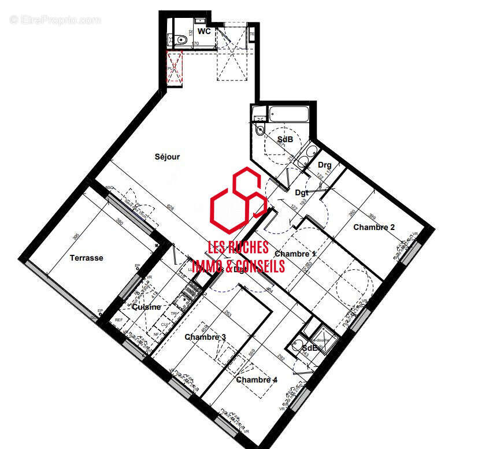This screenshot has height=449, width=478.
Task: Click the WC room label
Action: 203,31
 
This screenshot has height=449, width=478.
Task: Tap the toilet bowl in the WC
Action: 182,40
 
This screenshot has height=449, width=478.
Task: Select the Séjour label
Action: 167,157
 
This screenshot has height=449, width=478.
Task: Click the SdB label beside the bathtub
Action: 285,140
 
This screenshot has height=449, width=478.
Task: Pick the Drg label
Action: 325,165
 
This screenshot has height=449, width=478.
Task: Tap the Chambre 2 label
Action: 374,227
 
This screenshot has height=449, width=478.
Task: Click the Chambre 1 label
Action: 295,254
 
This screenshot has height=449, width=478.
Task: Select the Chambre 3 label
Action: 205,337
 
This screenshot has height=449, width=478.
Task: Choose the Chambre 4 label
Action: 257,380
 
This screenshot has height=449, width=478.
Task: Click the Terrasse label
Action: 86,258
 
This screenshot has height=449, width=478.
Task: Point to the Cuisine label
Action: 146,307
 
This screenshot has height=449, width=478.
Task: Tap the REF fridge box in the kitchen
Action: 119,320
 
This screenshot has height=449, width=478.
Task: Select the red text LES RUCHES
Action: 238,247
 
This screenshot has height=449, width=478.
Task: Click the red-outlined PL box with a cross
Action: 175,68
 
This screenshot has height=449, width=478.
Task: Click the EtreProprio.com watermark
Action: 55,20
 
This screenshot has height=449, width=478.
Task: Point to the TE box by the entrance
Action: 252,34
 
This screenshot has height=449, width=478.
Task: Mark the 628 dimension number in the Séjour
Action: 170,207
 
